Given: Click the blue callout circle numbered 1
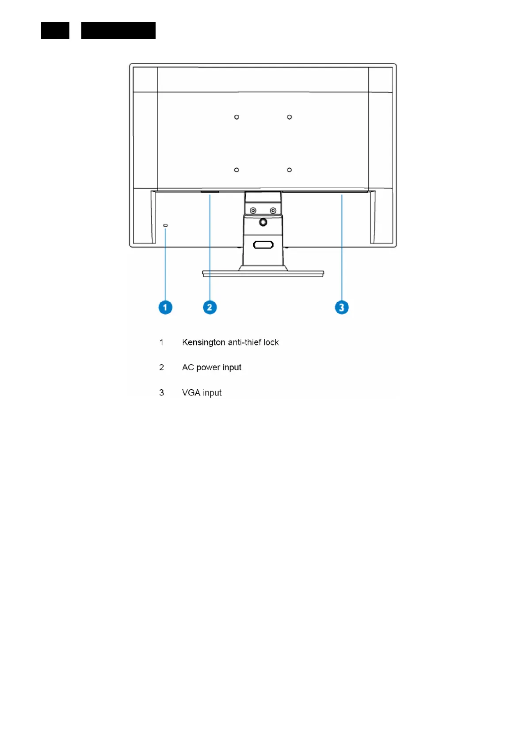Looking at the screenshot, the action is pyautogui.click(x=165, y=307).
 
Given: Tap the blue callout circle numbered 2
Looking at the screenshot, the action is pyautogui.click(x=210, y=307).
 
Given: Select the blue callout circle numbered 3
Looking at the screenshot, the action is pyautogui.click(x=341, y=307).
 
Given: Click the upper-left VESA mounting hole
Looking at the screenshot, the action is pyautogui.click(x=236, y=117).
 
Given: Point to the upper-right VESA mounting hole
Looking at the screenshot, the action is pyautogui.click(x=290, y=117).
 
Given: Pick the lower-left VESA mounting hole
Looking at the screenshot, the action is pyautogui.click(x=236, y=170).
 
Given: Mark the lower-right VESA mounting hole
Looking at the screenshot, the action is pyautogui.click(x=290, y=170).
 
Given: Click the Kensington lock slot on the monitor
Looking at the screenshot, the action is pyautogui.click(x=165, y=225).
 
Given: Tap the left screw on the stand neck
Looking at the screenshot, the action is pyautogui.click(x=253, y=211).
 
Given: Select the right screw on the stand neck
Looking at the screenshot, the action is pyautogui.click(x=273, y=211).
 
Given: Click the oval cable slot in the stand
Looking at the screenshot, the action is pyautogui.click(x=263, y=245).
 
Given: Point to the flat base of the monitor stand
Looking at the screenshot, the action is pyautogui.click(x=263, y=273).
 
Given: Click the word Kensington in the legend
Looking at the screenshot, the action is pyautogui.click(x=203, y=342).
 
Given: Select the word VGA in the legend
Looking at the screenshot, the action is pyautogui.click(x=191, y=393).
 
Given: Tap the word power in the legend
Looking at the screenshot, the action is pyautogui.click(x=208, y=368).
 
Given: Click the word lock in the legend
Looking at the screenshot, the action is pyautogui.click(x=271, y=342).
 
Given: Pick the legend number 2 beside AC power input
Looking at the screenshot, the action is pyautogui.click(x=162, y=368).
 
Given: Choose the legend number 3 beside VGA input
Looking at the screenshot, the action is pyautogui.click(x=162, y=393).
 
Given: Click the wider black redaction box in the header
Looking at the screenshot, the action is pyautogui.click(x=118, y=30).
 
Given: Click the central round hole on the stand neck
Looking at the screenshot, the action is pyautogui.click(x=263, y=222).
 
